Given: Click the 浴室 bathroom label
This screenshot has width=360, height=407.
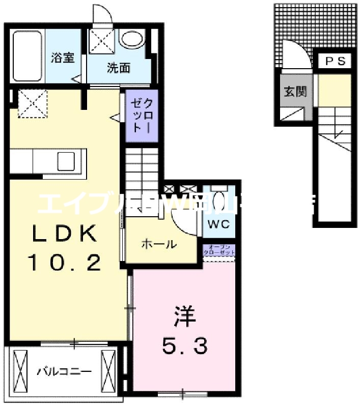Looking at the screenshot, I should tap(63, 57).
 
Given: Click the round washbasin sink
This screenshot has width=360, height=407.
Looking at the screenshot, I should tap(132, 40).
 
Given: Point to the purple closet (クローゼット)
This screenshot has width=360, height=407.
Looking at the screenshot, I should tap(143, 116).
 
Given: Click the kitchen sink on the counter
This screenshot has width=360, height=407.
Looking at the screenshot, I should tap(67, 161).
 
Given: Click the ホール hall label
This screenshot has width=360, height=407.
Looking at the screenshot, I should tap(159, 244).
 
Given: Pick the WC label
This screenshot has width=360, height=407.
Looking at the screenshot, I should tap(219, 224).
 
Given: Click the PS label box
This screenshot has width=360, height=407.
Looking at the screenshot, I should tap(335, 62).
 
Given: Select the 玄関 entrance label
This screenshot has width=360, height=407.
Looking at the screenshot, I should tap(295, 92).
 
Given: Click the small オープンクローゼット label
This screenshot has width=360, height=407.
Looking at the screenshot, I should tap(219, 250).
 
